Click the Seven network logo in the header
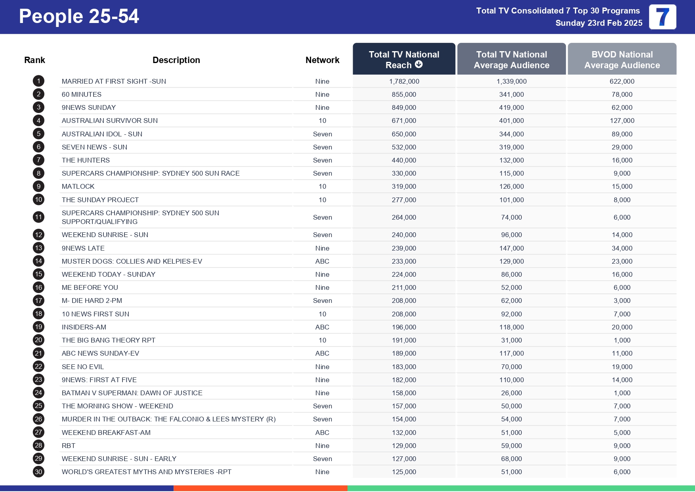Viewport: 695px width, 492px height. point(663,17)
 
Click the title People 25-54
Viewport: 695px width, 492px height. point(79,17)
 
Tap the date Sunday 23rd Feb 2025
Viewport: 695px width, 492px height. point(599,23)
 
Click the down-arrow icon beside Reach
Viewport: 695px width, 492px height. point(419,65)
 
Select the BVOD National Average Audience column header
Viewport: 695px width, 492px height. point(622,59)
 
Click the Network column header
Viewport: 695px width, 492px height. point(322,60)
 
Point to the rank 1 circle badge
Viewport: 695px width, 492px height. point(38,81)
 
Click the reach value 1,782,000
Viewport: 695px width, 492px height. point(404,81)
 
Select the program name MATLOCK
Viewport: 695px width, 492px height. point(78,186)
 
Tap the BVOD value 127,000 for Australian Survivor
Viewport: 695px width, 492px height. point(622,121)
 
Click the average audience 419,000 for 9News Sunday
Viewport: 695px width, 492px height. point(511,107)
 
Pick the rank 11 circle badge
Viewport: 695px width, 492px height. point(38,217)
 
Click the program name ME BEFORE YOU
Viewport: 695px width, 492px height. point(90,287)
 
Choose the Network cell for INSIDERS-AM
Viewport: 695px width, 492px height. point(322,327)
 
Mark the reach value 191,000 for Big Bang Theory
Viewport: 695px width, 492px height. point(404,340)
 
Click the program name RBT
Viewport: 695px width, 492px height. point(69,446)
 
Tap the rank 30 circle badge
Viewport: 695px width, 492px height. point(38,472)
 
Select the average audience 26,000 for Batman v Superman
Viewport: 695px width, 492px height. point(511,393)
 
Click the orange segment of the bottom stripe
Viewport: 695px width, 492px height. point(260,488)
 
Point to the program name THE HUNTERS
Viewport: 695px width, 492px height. point(86,160)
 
